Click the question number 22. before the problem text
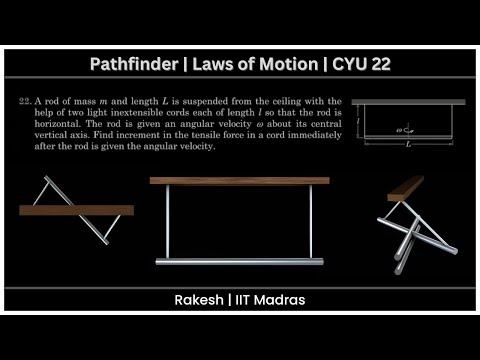click(x=25, y=102)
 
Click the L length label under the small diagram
click(x=408, y=145)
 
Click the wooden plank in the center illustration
click(x=239, y=181)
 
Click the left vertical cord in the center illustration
click(x=167, y=222)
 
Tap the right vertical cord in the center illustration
click(x=311, y=222)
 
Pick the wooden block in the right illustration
click(x=405, y=188)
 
